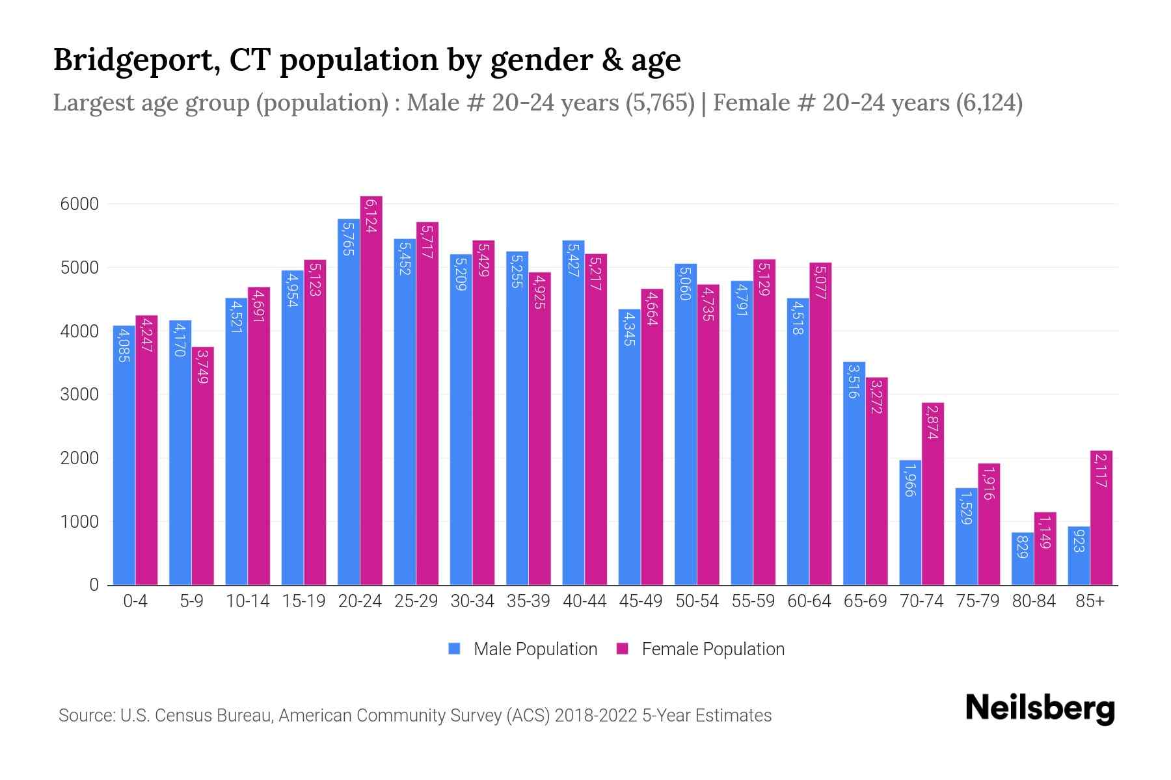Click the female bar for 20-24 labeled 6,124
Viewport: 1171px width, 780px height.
pyautogui.click(x=371, y=390)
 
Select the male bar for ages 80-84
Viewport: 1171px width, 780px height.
pyautogui.click(x=1022, y=559)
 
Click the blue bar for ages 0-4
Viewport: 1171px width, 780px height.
pyautogui.click(x=124, y=455)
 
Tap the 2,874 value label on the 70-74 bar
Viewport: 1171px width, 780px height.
pyautogui.click(x=933, y=422)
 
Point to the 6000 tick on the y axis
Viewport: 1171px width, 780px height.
pyautogui.click(x=79, y=204)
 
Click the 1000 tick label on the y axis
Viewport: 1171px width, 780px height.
pyautogui.click(x=79, y=522)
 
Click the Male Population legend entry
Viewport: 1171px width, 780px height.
pyautogui.click(x=535, y=649)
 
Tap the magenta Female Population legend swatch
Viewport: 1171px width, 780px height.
pyautogui.click(x=623, y=649)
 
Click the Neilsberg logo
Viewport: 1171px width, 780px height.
pyautogui.click(x=1040, y=709)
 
